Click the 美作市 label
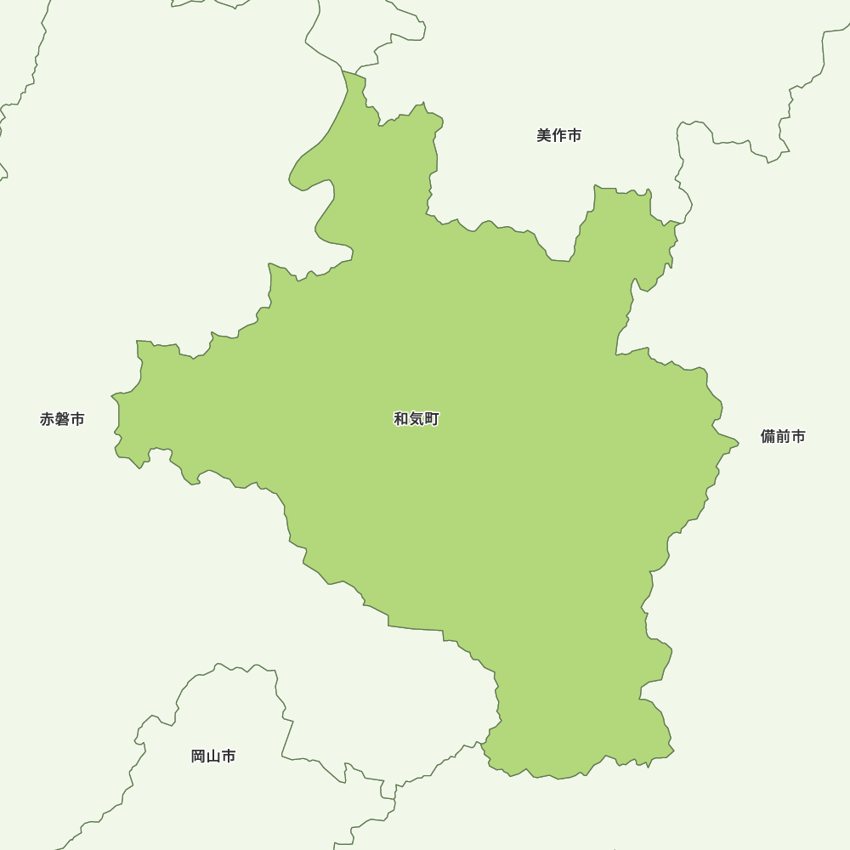click(559, 135)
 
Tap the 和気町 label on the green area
click(416, 419)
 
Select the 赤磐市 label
click(62, 419)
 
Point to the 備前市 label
click(783, 437)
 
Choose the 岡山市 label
click(213, 756)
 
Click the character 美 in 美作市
click(544, 135)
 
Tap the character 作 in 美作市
click(559, 135)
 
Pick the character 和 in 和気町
click(401, 419)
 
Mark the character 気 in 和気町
click(416, 419)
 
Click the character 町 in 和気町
click(432, 419)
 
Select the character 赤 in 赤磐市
click(47, 419)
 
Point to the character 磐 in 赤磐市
click(62, 419)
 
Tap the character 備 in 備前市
click(768, 437)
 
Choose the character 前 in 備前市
click(783, 437)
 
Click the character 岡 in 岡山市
click(198, 756)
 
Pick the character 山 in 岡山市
click(213, 756)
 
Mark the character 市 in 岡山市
click(229, 756)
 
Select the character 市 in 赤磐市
click(77, 419)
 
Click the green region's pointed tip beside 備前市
click(737, 443)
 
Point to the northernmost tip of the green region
click(345, 72)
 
